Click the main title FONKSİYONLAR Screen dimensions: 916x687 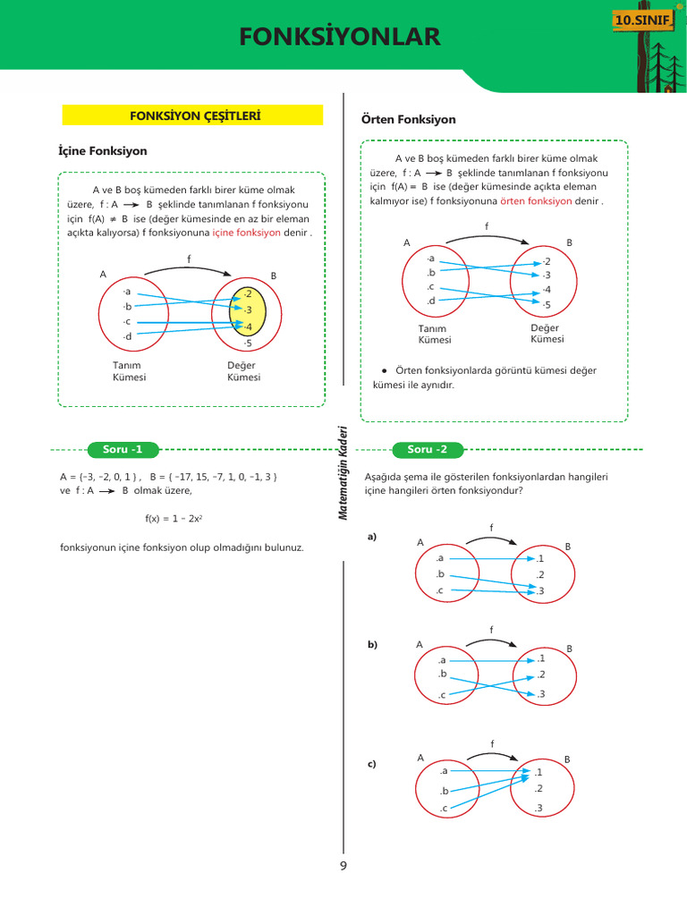(x=340, y=37)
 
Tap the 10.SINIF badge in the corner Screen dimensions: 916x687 (x=641, y=19)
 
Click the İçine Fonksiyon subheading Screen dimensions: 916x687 (x=103, y=151)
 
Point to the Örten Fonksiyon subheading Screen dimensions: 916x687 (x=408, y=119)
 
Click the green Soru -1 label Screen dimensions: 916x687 (x=123, y=449)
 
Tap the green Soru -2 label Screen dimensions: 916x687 (x=427, y=449)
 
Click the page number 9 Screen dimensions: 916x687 (x=343, y=866)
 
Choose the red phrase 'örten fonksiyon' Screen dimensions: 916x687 (x=536, y=201)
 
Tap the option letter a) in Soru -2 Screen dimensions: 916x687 (x=372, y=537)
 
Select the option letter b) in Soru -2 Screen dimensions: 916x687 (x=372, y=644)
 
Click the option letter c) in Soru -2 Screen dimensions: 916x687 (x=372, y=764)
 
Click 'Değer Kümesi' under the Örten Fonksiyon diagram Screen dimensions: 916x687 (x=547, y=334)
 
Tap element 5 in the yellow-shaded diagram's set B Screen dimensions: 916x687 (x=248, y=343)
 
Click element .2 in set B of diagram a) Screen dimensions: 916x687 (x=539, y=574)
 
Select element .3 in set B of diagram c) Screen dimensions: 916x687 (x=538, y=809)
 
